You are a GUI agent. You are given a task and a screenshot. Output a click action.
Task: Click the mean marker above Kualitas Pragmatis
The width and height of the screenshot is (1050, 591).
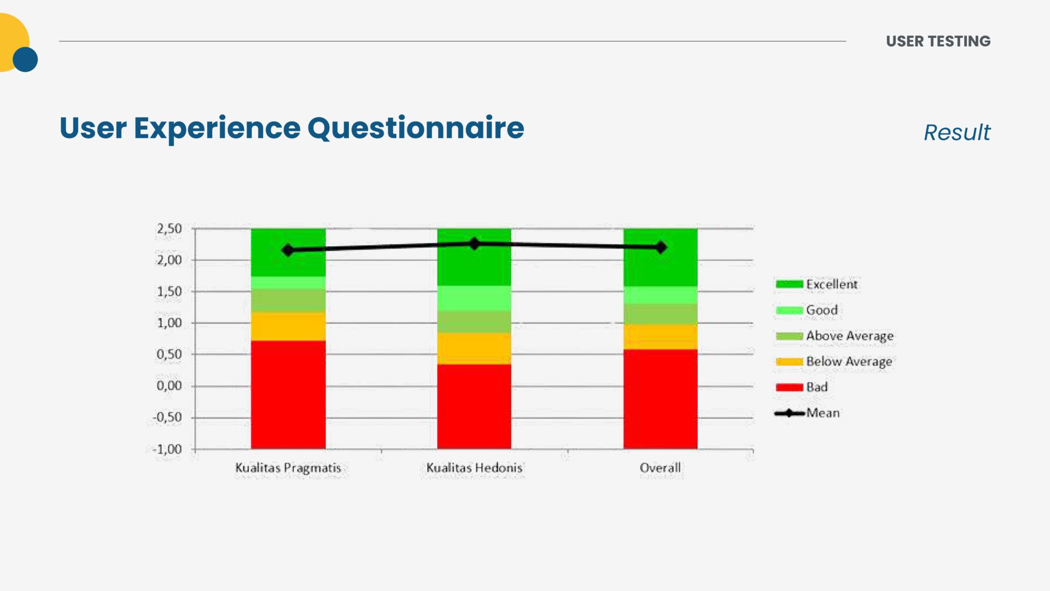pyautogui.click(x=288, y=250)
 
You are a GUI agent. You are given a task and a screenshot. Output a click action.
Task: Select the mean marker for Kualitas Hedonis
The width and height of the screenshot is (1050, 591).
pyautogui.click(x=474, y=244)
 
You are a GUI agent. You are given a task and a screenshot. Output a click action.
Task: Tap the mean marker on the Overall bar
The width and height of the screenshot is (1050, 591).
pyautogui.click(x=661, y=247)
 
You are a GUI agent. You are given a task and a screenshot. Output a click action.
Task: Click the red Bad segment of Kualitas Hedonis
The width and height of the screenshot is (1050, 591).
pyautogui.click(x=474, y=407)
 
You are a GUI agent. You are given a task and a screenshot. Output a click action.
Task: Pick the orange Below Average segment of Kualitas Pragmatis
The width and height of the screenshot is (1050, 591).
pyautogui.click(x=288, y=326)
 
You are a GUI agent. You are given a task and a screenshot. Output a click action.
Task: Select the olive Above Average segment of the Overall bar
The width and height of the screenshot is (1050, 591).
pyautogui.click(x=661, y=314)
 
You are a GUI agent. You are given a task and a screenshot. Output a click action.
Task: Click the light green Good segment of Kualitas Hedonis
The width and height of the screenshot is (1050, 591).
pyautogui.click(x=474, y=298)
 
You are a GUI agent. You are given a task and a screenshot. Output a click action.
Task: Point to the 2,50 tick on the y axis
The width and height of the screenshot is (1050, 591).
pyautogui.click(x=170, y=229)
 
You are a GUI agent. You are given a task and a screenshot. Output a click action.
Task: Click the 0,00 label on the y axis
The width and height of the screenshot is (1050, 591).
pyautogui.click(x=170, y=386)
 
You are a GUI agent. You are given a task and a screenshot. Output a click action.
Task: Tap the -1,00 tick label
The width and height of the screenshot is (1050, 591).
pyautogui.click(x=167, y=449)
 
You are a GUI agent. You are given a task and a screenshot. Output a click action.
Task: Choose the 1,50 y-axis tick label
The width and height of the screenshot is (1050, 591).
pyautogui.click(x=170, y=292)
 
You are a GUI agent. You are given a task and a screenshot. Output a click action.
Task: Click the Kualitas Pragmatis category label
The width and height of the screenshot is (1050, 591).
pyautogui.click(x=288, y=468)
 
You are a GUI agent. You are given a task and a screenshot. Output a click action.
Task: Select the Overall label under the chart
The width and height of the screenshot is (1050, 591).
pyautogui.click(x=661, y=468)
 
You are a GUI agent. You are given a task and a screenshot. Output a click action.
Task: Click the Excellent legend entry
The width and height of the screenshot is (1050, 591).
pyautogui.click(x=816, y=284)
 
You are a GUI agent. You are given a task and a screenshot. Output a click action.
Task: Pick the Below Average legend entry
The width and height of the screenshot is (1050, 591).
pyautogui.click(x=834, y=362)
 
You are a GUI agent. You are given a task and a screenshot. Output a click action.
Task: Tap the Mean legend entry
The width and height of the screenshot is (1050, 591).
pyautogui.click(x=807, y=413)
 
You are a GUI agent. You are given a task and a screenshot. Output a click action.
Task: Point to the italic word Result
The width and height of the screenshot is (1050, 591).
pyautogui.click(x=957, y=132)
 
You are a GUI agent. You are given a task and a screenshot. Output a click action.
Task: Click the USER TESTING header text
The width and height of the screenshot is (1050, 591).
pyautogui.click(x=938, y=41)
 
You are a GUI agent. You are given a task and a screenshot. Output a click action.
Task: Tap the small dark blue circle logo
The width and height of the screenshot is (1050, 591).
pyautogui.click(x=25, y=60)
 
